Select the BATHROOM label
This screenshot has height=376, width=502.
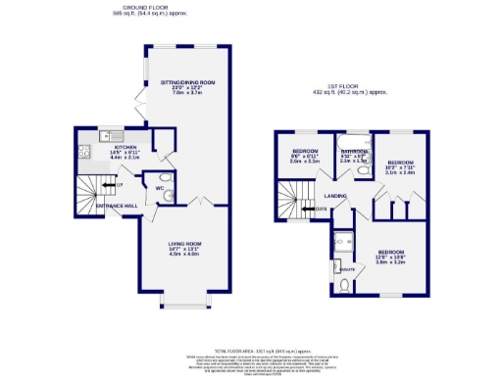(354, 153)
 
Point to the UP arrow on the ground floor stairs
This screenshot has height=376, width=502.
(119, 184)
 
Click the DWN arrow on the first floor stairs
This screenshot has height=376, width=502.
(321, 209)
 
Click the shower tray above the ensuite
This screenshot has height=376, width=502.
(343, 241)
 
